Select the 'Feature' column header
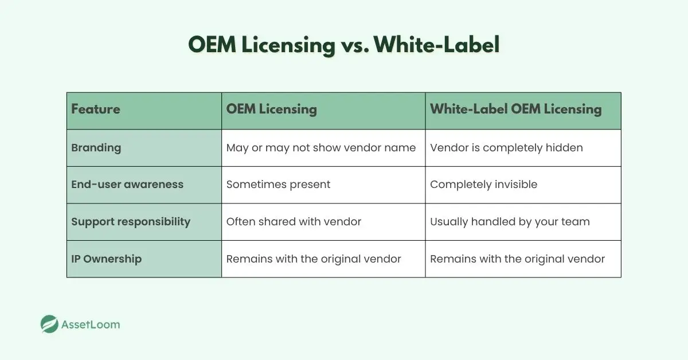tap(96, 109)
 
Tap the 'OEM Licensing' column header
tap(271, 109)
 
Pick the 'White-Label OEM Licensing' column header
tap(515, 109)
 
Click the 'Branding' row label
tap(96, 147)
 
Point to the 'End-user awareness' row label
tap(127, 185)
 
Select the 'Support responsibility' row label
tap(131, 221)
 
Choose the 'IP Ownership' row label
tap(106, 259)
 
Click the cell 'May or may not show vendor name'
tap(320, 147)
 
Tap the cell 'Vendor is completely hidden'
tap(506, 147)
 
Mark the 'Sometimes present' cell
tap(278, 185)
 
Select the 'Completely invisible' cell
tap(483, 185)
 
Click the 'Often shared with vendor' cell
tap(294, 221)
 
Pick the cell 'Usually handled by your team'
tap(510, 221)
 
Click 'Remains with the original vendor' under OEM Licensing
tap(314, 259)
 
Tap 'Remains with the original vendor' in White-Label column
tap(517, 259)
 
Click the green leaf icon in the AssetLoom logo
tap(50, 324)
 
